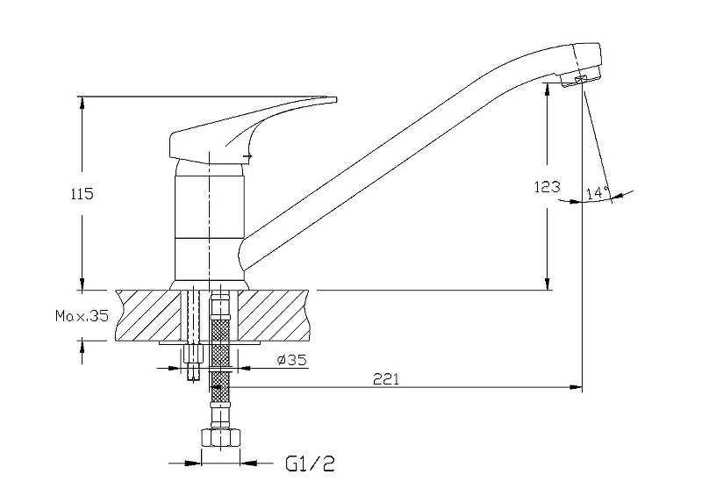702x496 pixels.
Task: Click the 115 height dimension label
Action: pyautogui.click(x=82, y=194)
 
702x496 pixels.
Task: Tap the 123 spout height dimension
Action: pyautogui.click(x=547, y=186)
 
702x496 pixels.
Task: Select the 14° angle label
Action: pyautogui.click(x=598, y=192)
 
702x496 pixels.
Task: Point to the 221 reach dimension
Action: pyautogui.click(x=386, y=379)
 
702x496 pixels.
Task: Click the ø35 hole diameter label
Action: pyautogui.click(x=292, y=359)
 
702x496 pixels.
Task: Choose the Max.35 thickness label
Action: pyautogui.click(x=82, y=316)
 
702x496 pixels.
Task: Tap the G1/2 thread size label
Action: pyautogui.click(x=311, y=464)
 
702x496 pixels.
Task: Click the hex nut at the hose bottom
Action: pyautogui.click(x=221, y=437)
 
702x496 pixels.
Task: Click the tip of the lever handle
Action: pyautogui.click(x=336, y=98)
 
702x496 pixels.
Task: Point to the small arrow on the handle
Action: pyautogui.click(x=247, y=156)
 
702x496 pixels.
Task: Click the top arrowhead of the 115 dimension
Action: pyautogui.click(x=82, y=103)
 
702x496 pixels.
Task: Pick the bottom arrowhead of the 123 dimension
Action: pyautogui.click(x=547, y=284)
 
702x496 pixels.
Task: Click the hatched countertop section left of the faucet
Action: pyautogui.click(x=147, y=315)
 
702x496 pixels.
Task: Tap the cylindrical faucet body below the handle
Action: pyautogui.click(x=210, y=223)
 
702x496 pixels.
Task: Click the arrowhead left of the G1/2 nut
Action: pyautogui.click(x=194, y=463)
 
